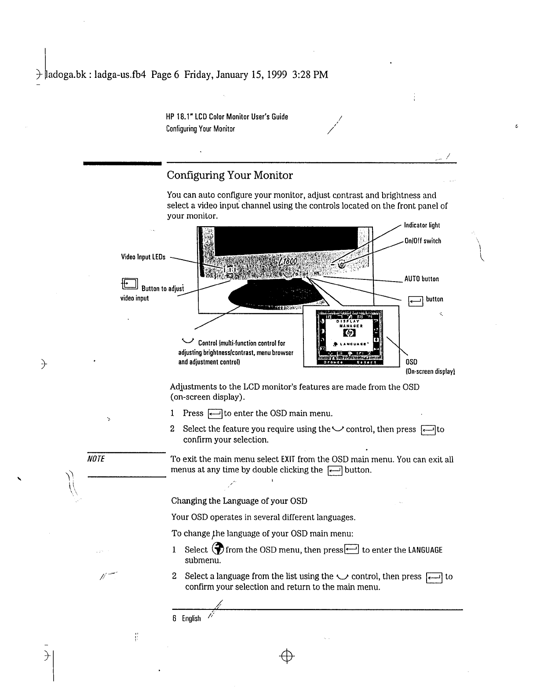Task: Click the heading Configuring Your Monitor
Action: (230, 176)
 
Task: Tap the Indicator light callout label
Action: (422, 225)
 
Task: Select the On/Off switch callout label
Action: (423, 241)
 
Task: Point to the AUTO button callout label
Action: (421, 279)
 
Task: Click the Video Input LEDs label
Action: (143, 257)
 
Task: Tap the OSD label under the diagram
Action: (411, 363)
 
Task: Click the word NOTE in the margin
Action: (96, 459)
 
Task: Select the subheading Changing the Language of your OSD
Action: (239, 501)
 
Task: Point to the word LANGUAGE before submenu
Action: (425, 550)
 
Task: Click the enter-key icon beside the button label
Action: (416, 301)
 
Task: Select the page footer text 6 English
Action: (186, 619)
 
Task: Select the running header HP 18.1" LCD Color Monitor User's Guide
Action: (227, 117)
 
